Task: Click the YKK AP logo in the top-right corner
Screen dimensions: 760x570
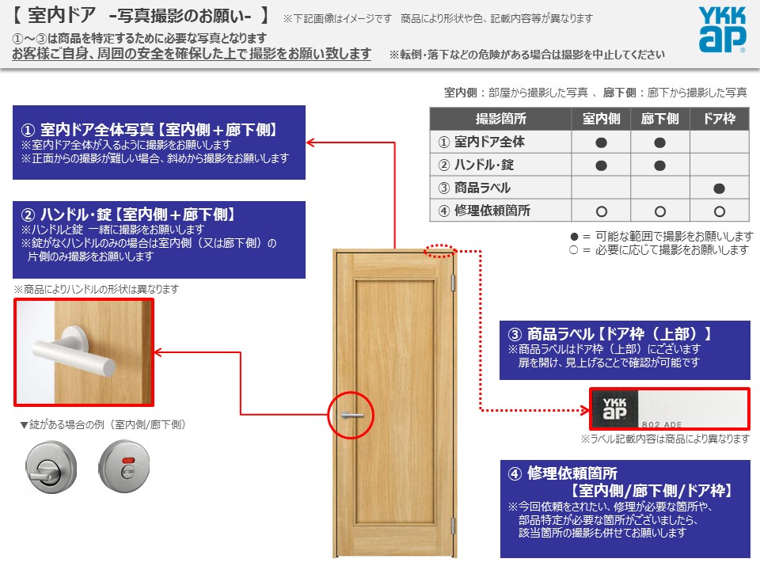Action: (722, 29)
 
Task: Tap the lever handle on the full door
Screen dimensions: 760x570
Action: (352, 416)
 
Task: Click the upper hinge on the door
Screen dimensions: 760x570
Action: (453, 283)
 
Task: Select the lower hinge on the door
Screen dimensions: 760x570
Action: (453, 526)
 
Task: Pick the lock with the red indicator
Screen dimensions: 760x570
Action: (124, 466)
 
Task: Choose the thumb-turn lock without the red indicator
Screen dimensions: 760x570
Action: (51, 467)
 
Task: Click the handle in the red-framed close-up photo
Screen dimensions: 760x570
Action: (75, 353)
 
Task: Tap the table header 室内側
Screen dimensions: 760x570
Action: (601, 119)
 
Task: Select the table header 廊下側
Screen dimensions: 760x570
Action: (659, 119)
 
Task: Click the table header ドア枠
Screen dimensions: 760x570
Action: (720, 119)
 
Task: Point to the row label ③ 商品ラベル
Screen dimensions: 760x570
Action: (474, 188)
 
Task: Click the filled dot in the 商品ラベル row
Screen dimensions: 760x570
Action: (720, 188)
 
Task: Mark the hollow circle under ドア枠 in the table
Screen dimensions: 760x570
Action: (720, 211)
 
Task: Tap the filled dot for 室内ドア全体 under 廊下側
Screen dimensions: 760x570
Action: (659, 142)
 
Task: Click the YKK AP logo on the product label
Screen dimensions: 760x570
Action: (614, 408)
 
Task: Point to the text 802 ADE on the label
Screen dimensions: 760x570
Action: (662, 424)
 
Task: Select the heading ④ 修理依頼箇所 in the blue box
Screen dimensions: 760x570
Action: (563, 473)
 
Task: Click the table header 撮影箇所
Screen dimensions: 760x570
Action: (500, 119)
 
